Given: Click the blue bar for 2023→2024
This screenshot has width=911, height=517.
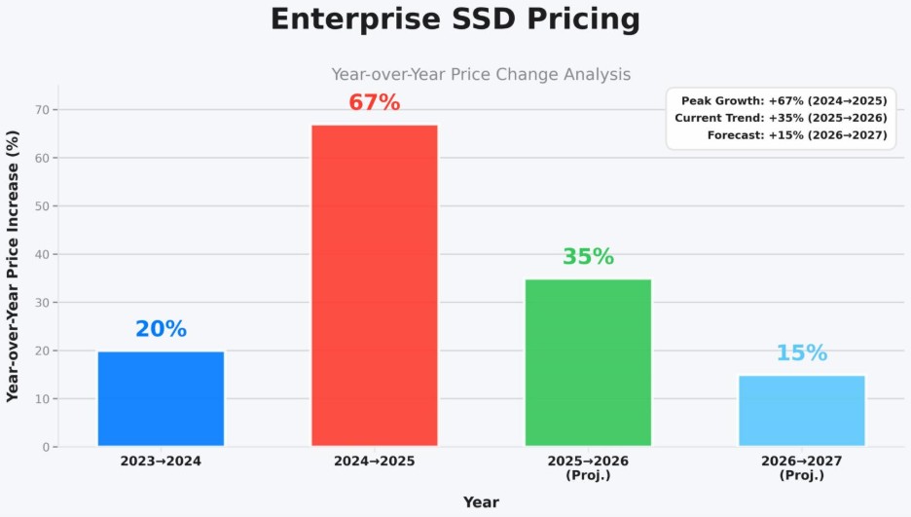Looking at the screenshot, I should click(161, 398).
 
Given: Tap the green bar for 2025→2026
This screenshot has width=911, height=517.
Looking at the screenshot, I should click(588, 362).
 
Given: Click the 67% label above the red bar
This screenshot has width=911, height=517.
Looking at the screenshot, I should click(375, 102).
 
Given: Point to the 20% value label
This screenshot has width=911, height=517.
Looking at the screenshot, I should click(161, 329).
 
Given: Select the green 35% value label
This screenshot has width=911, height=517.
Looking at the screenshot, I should click(588, 257).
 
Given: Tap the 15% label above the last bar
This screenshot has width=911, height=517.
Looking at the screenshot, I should click(802, 353).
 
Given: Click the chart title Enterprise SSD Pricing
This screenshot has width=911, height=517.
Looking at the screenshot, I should click(455, 19).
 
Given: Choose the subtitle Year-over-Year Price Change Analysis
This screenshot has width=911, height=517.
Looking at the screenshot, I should click(481, 74).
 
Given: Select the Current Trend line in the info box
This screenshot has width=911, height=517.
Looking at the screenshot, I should click(781, 118).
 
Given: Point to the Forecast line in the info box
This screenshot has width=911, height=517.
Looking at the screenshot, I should click(797, 135).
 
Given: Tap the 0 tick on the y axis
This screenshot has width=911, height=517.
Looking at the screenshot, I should click(45, 447).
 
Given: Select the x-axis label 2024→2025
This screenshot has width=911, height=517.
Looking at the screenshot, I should click(375, 461).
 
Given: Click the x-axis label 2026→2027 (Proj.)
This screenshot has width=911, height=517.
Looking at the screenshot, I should click(802, 467).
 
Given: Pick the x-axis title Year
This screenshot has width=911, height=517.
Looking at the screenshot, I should click(481, 502).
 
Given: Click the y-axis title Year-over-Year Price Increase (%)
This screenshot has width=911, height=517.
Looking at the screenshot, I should click(14, 266).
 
